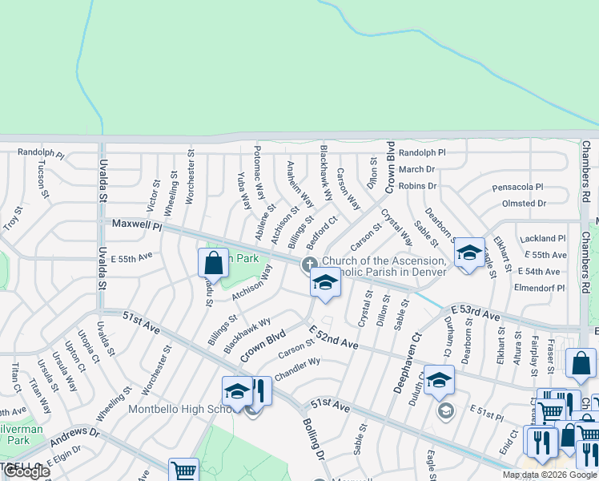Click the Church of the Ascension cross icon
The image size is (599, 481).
[308, 265]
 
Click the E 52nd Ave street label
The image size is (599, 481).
[332, 336]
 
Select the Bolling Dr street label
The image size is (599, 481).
[312, 438]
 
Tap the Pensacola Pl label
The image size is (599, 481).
[517, 187]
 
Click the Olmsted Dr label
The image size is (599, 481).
[524, 204]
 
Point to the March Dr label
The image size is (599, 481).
[416, 169]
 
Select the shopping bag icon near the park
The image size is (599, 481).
[213, 262]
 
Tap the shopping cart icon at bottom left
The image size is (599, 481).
[183, 471]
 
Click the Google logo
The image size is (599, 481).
[26, 471]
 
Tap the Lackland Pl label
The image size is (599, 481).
[542, 239]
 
